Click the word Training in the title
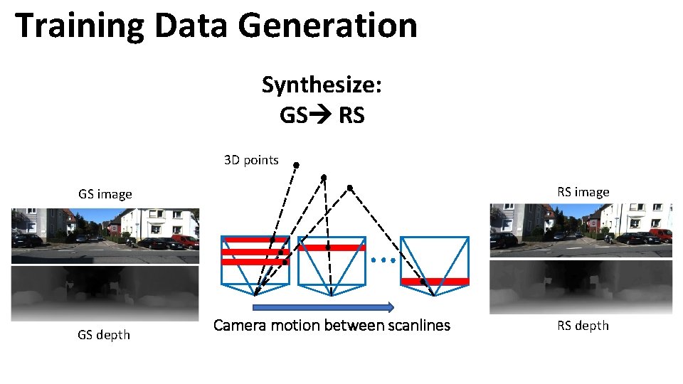pos(78,26)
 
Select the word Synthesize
pos(322,85)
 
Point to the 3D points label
pos(251,160)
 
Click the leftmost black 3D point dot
pos(296,165)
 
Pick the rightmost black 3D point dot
pos(349,187)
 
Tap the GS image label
pos(105,194)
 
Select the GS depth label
pos(104,334)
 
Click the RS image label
pos(583,192)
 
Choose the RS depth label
pos(583,326)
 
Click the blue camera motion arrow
pos(323,307)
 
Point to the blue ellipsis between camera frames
pos(383,260)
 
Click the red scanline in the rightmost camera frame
pos(435,282)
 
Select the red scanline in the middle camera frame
pos(331,247)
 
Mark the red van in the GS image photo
pos(185,241)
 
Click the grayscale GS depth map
pos(105,292)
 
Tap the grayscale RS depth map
pos(581,286)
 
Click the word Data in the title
pos(191,26)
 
